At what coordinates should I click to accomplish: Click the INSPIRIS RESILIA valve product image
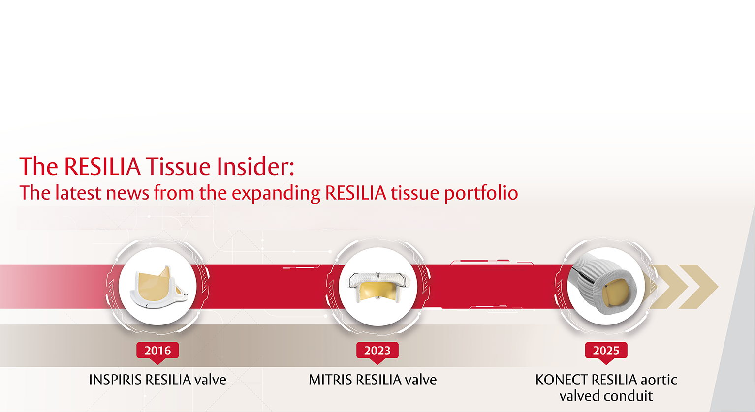(157, 287)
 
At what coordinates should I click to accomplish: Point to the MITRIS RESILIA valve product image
(378, 286)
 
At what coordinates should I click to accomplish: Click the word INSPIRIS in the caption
(115, 380)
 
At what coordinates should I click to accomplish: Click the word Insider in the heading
(255, 166)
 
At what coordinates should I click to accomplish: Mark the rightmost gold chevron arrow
(698, 287)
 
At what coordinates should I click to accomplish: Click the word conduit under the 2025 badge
(629, 396)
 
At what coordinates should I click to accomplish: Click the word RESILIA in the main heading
(102, 166)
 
